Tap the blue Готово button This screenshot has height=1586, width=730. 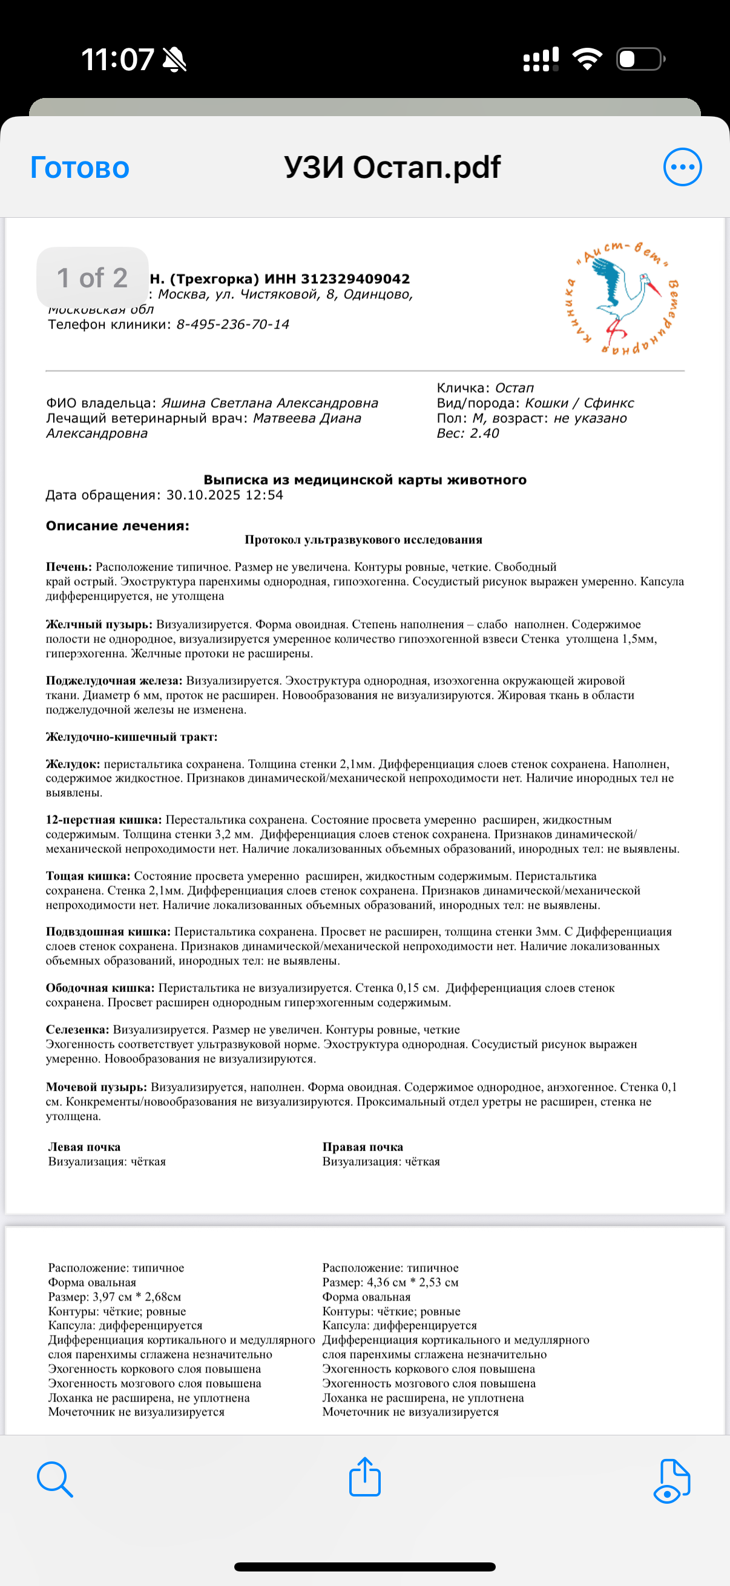click(79, 168)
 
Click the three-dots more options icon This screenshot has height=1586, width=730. click(682, 167)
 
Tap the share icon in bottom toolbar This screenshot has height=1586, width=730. click(364, 1477)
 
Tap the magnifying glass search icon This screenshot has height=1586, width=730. click(55, 1479)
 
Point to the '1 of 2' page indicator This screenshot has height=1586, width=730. click(93, 278)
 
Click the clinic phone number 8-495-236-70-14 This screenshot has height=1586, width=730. click(232, 324)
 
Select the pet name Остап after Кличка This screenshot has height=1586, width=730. click(515, 388)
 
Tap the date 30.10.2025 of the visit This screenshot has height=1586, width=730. click(203, 495)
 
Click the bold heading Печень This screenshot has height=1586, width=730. click(68, 567)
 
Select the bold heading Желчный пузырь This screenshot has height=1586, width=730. click(99, 624)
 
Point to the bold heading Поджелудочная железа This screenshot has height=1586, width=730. click(114, 680)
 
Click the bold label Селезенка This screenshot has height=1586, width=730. click(77, 1030)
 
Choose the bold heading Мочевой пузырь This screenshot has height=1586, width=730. click(96, 1087)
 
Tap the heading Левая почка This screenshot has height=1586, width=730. click(84, 1146)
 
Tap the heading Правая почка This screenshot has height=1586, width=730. click(362, 1146)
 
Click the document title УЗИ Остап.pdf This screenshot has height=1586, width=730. click(392, 167)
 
